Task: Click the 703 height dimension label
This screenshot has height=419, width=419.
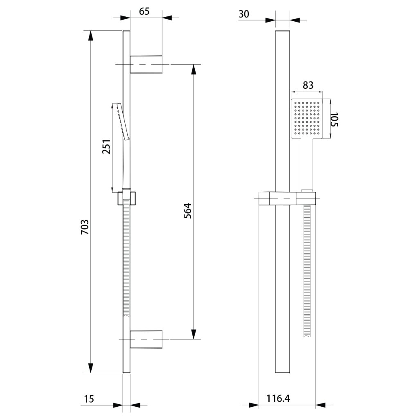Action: click(85, 227)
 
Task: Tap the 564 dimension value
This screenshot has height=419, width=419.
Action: click(188, 210)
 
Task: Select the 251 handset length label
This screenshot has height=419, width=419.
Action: click(106, 146)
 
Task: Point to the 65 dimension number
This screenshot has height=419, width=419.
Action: click(144, 11)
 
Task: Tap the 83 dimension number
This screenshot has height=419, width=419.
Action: click(308, 85)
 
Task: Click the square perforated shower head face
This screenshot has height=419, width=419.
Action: click(306, 119)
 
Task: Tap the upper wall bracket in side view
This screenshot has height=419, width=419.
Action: click(146, 64)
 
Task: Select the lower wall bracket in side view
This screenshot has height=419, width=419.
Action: click(146, 339)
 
